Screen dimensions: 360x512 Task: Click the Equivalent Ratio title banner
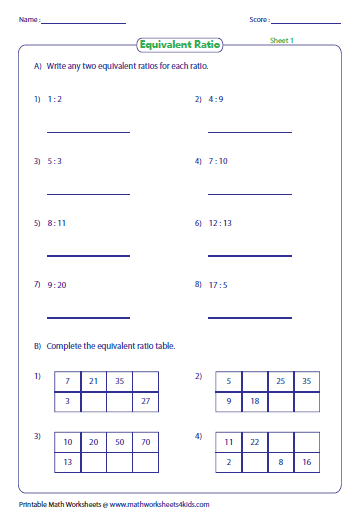tap(180, 44)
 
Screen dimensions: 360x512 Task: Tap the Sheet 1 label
tap(283, 40)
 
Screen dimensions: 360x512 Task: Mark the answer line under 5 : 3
tap(88, 194)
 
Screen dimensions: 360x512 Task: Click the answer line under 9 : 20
tap(88, 318)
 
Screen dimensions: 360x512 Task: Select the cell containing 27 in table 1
tap(145, 401)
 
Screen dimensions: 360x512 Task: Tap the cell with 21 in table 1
tap(93, 381)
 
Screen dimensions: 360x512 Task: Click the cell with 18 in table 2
tap(254, 401)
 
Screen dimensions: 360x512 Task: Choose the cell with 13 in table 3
tap(67, 463)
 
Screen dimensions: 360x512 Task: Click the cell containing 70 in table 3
tap(145, 443)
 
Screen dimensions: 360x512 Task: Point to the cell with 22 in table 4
tap(254, 443)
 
